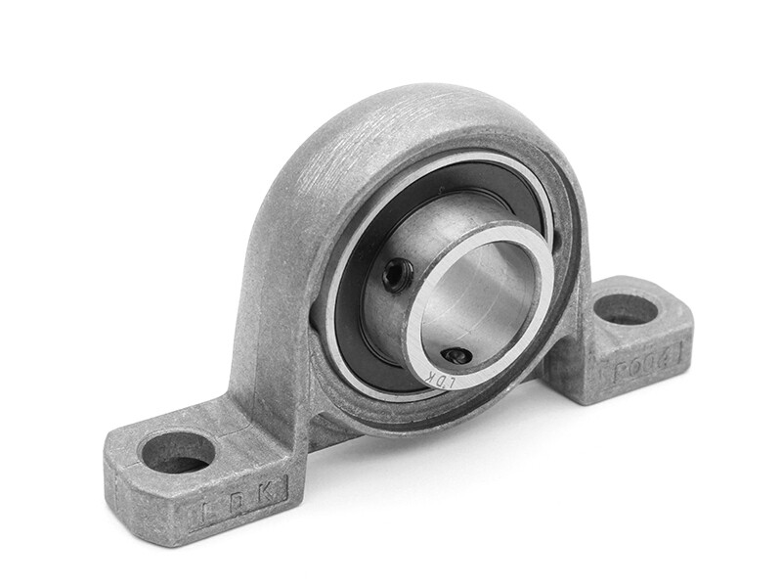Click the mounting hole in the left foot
(177, 451)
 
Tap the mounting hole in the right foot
(626, 309)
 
